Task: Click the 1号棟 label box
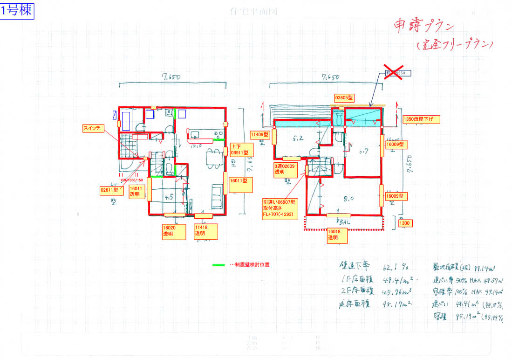click(x=17, y=11)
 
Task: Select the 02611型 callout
click(x=109, y=190)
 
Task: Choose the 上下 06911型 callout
click(x=241, y=149)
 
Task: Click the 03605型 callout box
click(x=344, y=98)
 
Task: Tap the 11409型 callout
click(x=260, y=135)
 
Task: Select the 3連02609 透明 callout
click(x=286, y=169)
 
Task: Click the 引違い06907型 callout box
click(x=281, y=208)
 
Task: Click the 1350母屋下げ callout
click(x=421, y=120)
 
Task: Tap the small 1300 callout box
click(x=405, y=223)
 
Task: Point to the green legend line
click(x=218, y=265)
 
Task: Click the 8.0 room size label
click(x=348, y=198)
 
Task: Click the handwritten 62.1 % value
click(x=396, y=267)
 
